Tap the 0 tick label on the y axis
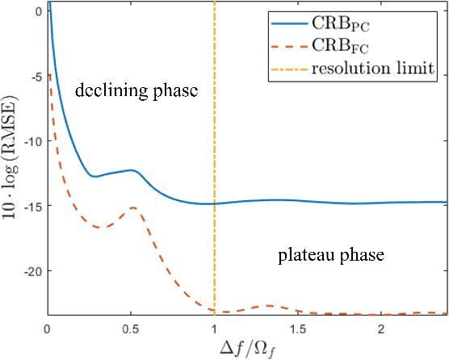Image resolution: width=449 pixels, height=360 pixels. point(37,12)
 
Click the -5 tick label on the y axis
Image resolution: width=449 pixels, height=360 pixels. point(35,77)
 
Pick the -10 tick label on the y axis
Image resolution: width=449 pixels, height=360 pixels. point(31,142)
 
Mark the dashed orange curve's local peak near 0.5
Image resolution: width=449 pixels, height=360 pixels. point(132,208)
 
